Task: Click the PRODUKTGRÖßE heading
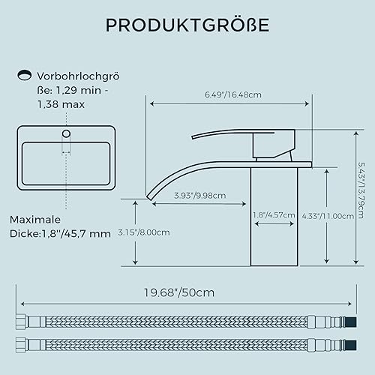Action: pos(187,25)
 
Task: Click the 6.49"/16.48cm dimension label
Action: pos(233,94)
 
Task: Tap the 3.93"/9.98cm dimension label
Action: pos(200,196)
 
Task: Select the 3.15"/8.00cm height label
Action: pos(144,232)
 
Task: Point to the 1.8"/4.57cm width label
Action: pos(274,215)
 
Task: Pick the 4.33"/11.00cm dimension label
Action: pos(328,216)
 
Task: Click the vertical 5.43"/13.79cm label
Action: pos(361,190)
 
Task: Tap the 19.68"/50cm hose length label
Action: pos(179,292)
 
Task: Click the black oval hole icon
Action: pos(24,75)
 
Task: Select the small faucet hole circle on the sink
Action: pos(66,133)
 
